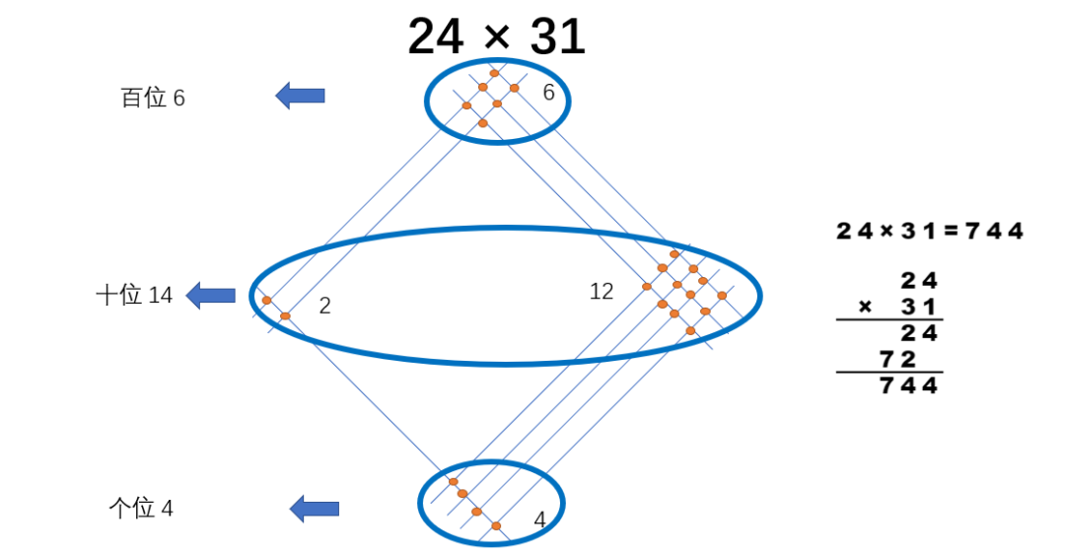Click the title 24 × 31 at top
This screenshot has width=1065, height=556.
[496, 37]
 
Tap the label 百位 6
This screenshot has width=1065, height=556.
[153, 99]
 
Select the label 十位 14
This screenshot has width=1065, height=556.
[134, 295]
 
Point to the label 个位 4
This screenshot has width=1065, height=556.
[141, 509]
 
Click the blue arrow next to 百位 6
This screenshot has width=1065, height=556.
[300, 96]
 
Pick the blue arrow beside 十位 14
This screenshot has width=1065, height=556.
[211, 295]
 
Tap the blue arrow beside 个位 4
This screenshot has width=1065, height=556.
[315, 509]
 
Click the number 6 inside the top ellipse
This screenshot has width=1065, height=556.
[549, 93]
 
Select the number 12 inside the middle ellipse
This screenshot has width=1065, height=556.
[602, 292]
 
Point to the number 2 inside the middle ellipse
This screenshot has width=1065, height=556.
[324, 307]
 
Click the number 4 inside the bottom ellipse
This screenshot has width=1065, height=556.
[539, 520]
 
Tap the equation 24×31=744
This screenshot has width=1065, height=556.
[929, 232]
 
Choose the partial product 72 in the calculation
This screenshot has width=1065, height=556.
[899, 358]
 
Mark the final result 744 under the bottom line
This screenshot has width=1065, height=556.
[908, 385]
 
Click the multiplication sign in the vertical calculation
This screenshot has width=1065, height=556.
[865, 307]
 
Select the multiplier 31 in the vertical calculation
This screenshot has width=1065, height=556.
[918, 307]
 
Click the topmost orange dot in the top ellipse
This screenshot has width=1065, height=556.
[494, 73]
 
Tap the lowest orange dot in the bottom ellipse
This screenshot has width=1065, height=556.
[496, 526]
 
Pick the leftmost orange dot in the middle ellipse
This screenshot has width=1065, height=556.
[266, 300]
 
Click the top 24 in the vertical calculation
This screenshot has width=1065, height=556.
[918, 281]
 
